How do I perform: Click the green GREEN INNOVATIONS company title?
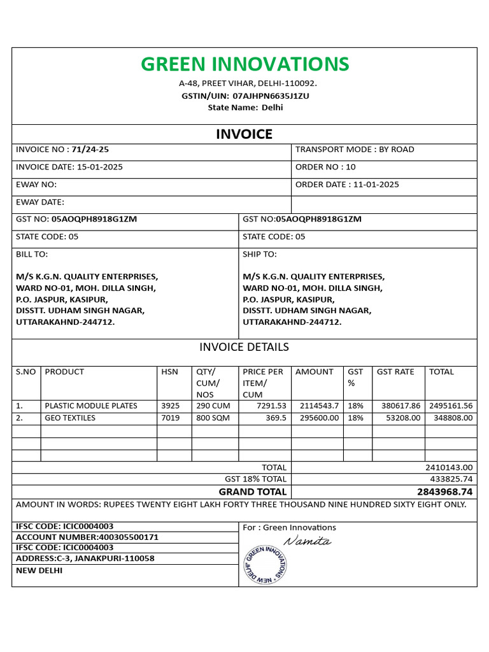click(244, 64)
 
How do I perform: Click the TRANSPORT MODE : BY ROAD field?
click(355, 150)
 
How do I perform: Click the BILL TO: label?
click(32, 254)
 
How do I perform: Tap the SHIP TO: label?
click(259, 254)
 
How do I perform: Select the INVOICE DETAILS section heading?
click(244, 347)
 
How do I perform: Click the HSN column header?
click(169, 372)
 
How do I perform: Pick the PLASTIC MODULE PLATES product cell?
click(90, 406)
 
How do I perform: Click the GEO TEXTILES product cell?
click(70, 418)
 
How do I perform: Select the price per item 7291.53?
click(271, 406)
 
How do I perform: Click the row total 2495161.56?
click(450, 406)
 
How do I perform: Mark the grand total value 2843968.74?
click(445, 492)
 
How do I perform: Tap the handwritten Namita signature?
click(308, 541)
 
